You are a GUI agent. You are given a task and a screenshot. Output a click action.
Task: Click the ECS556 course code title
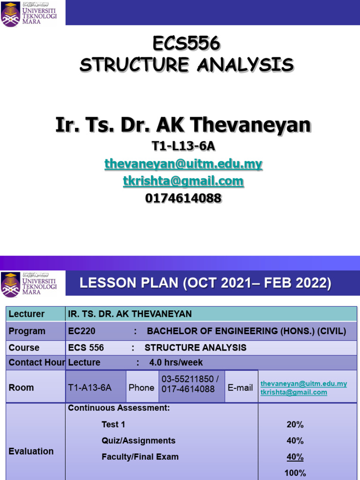click(186, 44)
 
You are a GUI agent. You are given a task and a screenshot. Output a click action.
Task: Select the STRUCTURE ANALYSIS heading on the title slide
click(186, 65)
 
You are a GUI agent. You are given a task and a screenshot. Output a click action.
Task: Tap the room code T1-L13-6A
click(183, 146)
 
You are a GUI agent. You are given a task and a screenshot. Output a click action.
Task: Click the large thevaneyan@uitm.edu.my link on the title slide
click(183, 164)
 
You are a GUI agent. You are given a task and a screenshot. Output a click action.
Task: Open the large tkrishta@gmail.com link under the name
click(183, 181)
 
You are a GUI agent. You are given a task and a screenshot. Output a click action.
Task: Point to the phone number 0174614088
click(183, 199)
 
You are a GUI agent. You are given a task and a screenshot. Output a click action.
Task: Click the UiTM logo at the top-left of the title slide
click(29, 15)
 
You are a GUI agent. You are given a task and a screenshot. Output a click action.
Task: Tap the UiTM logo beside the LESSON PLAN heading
click(29, 284)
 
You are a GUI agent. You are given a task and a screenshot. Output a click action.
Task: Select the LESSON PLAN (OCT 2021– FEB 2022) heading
click(205, 283)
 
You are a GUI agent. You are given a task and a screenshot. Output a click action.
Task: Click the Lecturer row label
click(27, 314)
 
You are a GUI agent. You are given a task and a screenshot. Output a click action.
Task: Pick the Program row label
click(27, 331)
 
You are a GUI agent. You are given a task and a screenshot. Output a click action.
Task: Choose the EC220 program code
click(82, 331)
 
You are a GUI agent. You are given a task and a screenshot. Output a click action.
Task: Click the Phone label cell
click(142, 388)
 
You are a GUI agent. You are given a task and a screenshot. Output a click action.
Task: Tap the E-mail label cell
click(240, 388)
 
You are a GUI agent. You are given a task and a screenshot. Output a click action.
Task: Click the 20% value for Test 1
click(295, 425)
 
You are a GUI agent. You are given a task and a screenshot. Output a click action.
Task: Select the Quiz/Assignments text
click(138, 441)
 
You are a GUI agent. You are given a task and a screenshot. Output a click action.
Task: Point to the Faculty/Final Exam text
click(140, 457)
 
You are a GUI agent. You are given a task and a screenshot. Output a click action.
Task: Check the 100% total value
click(295, 473)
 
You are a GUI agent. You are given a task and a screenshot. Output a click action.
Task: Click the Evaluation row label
click(31, 451)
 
